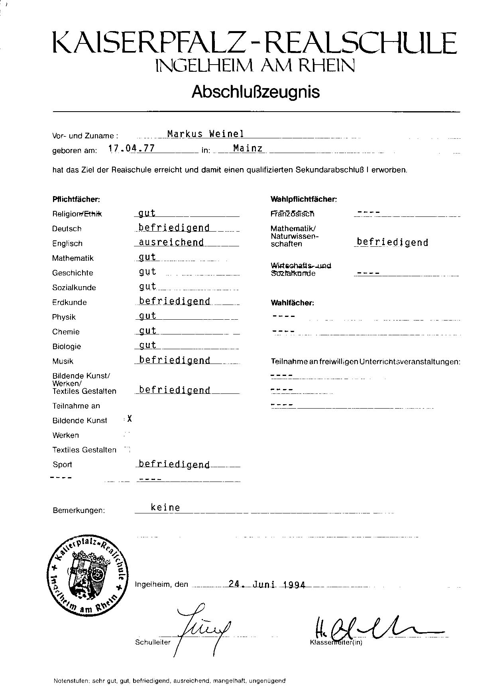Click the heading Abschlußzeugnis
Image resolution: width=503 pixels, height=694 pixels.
pos(255,92)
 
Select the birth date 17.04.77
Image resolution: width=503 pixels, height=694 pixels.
pos(132,149)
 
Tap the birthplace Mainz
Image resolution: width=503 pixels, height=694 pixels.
pos(248,148)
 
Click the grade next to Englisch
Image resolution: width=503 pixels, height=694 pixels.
pos(171,242)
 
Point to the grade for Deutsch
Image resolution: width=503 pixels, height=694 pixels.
pos(174,228)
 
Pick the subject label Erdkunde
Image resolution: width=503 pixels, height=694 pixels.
pos(69,302)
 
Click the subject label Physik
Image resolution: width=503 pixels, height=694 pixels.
pos(64,317)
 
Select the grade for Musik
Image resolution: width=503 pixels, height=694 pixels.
pos(175,360)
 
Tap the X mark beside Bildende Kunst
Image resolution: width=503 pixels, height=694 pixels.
pos(130,419)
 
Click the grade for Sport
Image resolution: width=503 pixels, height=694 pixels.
pos(174,464)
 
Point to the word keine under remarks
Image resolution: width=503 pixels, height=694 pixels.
pos(165,507)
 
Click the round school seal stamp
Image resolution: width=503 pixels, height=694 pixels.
pos(88,573)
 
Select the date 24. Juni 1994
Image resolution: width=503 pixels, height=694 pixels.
pos(267,585)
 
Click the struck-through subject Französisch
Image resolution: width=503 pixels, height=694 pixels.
pos(292,214)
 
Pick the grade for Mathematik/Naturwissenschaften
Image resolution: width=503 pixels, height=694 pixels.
pos(392,242)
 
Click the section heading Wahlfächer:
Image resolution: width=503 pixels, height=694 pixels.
pos(292,303)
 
